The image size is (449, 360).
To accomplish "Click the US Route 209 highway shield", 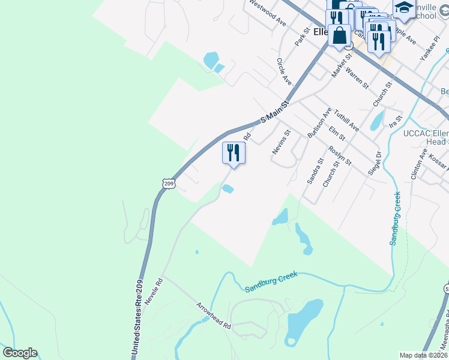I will [x=169, y=183].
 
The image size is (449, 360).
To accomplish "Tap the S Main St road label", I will [x=275, y=112].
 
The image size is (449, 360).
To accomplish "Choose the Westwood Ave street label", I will [x=268, y=13].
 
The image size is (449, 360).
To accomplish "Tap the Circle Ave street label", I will [x=284, y=71].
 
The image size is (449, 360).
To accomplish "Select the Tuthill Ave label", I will [x=346, y=120].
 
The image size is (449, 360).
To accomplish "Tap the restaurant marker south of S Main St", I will [x=234, y=154].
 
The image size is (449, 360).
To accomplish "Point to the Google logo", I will [x=19, y=353].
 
